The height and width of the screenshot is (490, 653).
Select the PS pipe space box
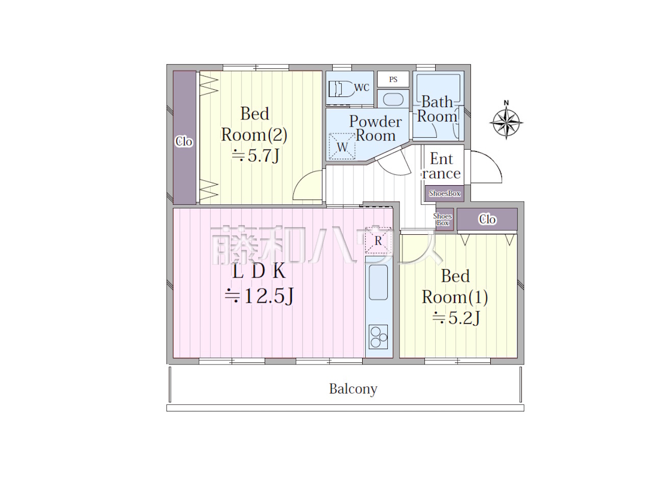393,79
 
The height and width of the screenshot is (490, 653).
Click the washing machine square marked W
342,146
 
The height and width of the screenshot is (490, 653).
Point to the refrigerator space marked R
378,240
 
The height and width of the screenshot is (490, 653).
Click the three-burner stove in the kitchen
378,337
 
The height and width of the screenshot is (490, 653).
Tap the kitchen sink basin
378,282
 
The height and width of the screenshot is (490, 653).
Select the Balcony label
353,389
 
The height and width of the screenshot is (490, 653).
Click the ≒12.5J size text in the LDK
259,296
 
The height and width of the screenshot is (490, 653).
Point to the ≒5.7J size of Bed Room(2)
255,155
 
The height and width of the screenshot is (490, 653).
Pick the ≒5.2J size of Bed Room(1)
456,318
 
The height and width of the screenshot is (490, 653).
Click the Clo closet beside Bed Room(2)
185,137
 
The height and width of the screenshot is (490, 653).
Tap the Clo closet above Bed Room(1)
487,219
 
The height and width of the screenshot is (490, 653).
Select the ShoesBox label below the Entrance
444,193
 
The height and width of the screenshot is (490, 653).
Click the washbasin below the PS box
393,99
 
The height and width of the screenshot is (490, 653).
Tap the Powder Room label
375,129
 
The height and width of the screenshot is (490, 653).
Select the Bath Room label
437,109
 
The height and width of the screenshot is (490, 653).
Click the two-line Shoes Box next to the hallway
442,219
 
